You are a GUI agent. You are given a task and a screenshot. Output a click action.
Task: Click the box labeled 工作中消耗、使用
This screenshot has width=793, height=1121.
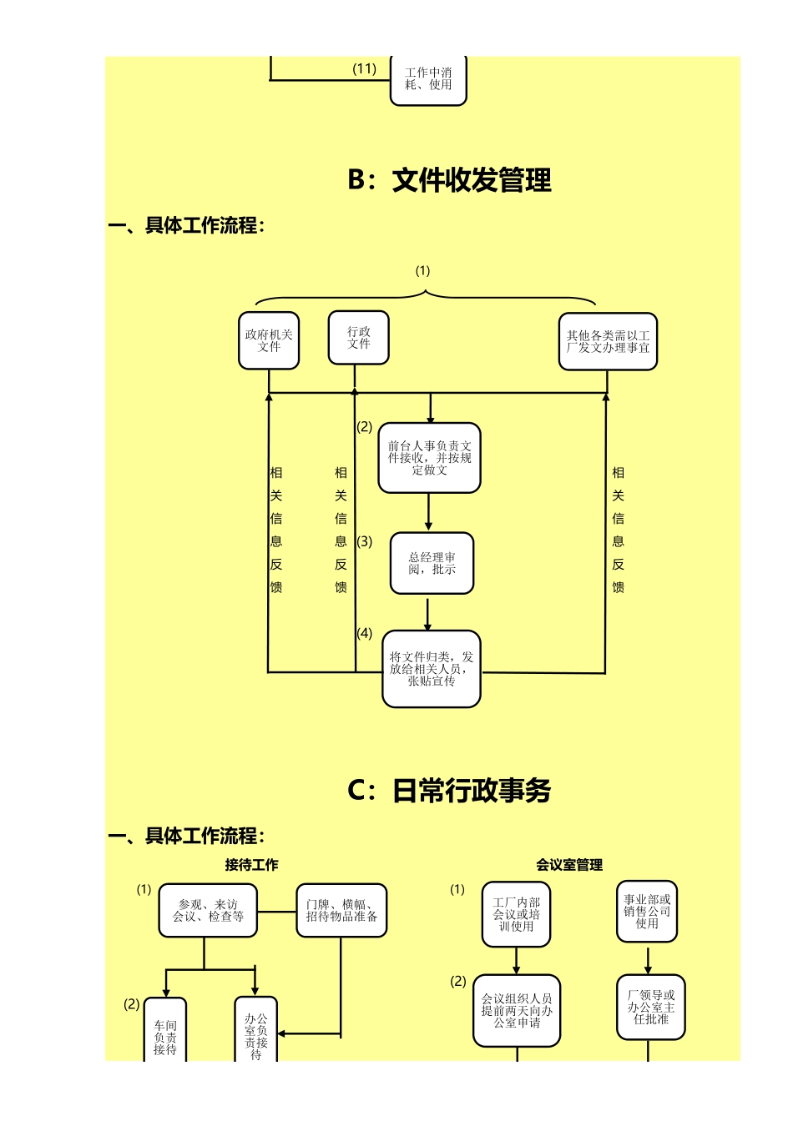coord(428,79)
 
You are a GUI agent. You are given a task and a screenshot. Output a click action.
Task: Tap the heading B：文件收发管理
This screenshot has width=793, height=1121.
coord(449,180)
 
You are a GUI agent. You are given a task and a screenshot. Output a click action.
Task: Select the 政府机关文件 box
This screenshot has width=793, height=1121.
coord(269,340)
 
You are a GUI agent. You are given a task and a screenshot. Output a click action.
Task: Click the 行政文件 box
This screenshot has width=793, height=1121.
coord(358,338)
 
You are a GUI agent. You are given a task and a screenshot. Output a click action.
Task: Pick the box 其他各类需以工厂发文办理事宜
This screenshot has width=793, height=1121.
coord(608,341)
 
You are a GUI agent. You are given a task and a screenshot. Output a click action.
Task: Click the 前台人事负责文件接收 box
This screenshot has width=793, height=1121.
coord(429,458)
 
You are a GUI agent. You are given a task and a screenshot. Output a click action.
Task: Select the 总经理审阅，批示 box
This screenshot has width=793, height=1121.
coord(432,563)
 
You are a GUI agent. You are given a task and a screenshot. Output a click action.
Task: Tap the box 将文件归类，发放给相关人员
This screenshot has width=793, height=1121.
coord(432,669)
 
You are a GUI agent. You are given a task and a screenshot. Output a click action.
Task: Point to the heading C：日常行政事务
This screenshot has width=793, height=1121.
coord(449,791)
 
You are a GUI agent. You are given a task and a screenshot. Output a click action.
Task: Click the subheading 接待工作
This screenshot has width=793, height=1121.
coord(251,865)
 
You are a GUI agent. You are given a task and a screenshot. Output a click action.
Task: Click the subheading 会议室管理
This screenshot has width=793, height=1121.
coord(569,865)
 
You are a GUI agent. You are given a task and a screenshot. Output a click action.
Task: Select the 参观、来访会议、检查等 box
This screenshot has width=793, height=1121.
coord(208,911)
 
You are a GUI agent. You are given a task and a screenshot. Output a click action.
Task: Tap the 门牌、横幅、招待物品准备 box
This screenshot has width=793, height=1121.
coord(341,911)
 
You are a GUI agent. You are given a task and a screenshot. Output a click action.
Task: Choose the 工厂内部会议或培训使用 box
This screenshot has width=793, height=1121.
coord(516,914)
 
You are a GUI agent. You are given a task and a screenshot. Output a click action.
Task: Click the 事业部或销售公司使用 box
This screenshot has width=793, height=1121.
coord(647,912)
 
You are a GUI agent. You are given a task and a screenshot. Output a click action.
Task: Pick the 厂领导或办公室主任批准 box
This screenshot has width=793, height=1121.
coord(651,1008)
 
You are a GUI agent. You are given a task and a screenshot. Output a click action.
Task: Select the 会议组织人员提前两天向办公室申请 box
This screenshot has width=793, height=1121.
coord(517,1011)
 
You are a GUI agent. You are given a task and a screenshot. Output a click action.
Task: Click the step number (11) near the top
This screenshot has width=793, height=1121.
coord(364,68)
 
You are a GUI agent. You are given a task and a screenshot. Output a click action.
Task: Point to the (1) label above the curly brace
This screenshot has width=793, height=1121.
coord(422,270)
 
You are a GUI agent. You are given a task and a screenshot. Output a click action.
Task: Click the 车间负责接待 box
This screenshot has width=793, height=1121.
coord(165,1034)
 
